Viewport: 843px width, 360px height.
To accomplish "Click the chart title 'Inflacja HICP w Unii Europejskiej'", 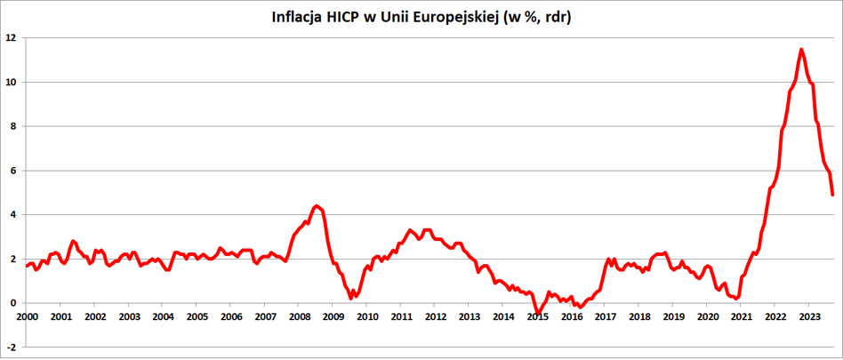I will tap(421, 18).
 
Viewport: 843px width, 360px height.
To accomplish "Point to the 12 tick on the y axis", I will tap(10, 38).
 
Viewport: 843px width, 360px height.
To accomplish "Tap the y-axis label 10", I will tap(10, 83).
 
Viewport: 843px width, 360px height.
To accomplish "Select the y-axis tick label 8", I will tap(12, 126).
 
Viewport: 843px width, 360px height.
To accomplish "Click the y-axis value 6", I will tap(12, 171).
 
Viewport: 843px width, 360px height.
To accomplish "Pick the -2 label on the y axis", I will tap(11, 347).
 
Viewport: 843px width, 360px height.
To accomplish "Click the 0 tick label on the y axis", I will tap(12, 303).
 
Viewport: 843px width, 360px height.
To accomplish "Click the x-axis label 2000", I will tap(27, 316).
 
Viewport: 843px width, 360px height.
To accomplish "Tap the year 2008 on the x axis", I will tap(299, 316).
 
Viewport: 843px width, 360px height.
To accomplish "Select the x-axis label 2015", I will tap(537, 316).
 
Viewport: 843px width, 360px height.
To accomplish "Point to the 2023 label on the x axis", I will tap(809, 316).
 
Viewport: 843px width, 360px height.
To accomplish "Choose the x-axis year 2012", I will tap(435, 316).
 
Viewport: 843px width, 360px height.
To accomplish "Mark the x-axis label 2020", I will tap(707, 316).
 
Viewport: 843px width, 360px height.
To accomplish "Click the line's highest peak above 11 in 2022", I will tap(801, 50).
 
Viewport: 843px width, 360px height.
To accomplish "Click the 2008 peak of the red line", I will tap(317, 205).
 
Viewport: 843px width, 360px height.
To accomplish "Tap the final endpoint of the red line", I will tap(832, 195).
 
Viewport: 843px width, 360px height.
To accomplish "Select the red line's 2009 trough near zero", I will tap(350, 298).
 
